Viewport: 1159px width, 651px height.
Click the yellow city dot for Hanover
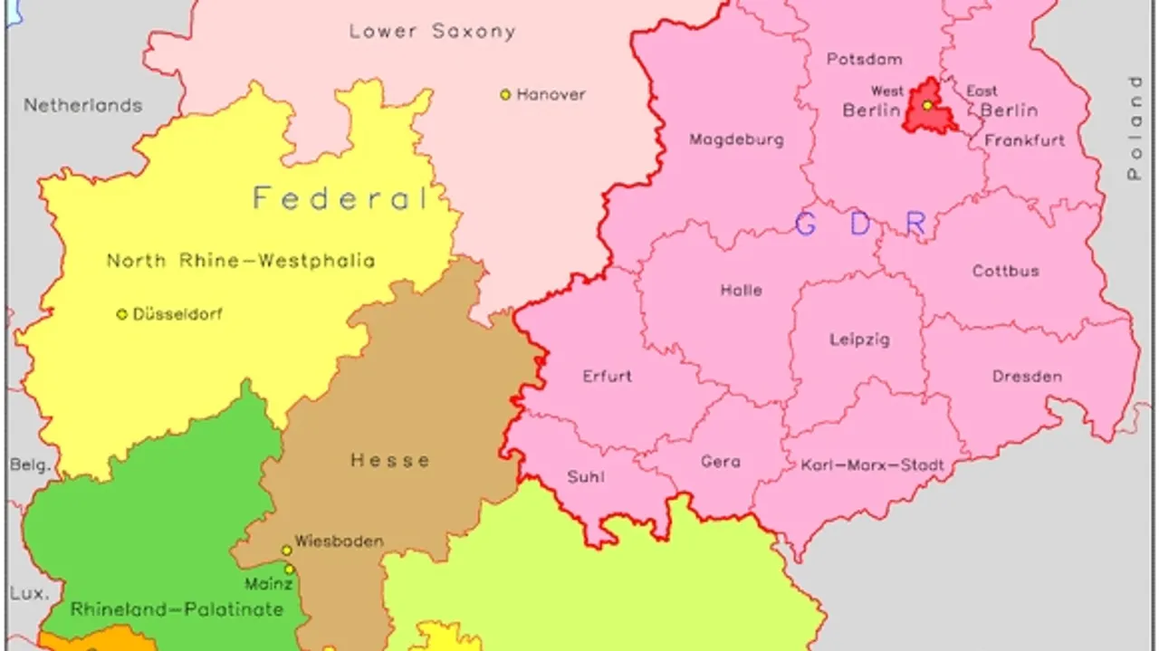(x=505, y=94)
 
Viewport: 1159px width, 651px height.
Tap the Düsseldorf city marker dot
(x=121, y=314)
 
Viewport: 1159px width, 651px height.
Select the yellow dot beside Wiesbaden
(x=286, y=550)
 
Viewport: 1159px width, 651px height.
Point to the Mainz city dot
(x=289, y=570)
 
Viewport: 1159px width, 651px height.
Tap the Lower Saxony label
(x=432, y=32)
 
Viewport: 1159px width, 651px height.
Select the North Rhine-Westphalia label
(x=241, y=261)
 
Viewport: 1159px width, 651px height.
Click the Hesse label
(x=390, y=460)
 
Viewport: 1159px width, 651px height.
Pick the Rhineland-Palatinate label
(x=177, y=609)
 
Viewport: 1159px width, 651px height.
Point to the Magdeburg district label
(x=736, y=140)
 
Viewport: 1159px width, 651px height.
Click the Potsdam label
(x=864, y=60)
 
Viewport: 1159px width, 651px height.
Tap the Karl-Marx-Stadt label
(x=872, y=466)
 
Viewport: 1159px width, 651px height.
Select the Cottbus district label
(x=1005, y=271)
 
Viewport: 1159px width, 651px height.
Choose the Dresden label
(x=1027, y=377)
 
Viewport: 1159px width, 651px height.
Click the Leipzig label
(x=859, y=340)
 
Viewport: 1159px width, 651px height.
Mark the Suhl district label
(x=586, y=477)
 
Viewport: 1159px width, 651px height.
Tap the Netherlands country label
(x=82, y=105)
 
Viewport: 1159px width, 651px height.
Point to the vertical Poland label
(x=1135, y=129)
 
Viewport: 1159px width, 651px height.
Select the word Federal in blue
(x=340, y=198)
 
